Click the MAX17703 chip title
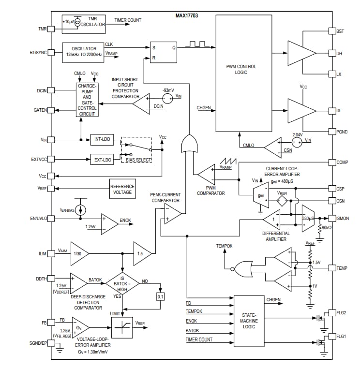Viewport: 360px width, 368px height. tap(186, 16)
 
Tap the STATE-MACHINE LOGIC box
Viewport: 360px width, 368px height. tap(248, 321)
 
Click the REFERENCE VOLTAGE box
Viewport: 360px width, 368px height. tap(122, 189)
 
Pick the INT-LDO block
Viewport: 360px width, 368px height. tap(102, 140)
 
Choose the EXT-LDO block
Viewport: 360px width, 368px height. tap(102, 159)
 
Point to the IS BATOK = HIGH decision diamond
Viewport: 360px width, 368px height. tap(122, 282)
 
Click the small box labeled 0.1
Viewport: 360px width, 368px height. tap(160, 296)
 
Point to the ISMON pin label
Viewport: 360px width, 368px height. tap(343, 219)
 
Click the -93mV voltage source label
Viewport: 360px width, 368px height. tap(168, 90)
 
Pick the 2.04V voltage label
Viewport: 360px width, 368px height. tap(297, 134)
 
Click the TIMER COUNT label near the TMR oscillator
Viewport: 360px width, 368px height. tap(128, 20)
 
